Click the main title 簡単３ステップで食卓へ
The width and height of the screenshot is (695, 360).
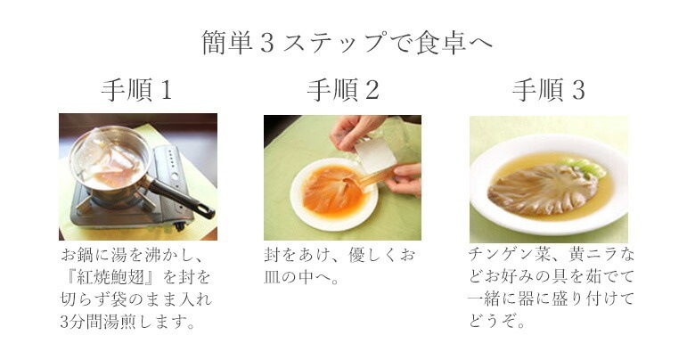point(347,43)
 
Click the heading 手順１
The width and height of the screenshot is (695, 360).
point(136,90)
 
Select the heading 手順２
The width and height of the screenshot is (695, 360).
point(343,90)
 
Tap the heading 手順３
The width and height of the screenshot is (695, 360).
point(549,90)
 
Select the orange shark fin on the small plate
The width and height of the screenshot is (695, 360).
point(335,191)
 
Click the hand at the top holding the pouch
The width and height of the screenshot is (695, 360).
point(355,128)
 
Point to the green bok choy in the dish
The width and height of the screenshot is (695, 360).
point(585,168)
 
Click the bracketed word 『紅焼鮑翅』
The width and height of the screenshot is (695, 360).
point(110,278)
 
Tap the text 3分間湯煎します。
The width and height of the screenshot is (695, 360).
point(128,323)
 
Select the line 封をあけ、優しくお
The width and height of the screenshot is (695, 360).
point(339,256)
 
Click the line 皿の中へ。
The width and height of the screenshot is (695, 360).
point(301,278)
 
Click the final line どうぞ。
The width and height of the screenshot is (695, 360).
point(497,321)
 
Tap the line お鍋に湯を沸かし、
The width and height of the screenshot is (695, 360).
point(133,256)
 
